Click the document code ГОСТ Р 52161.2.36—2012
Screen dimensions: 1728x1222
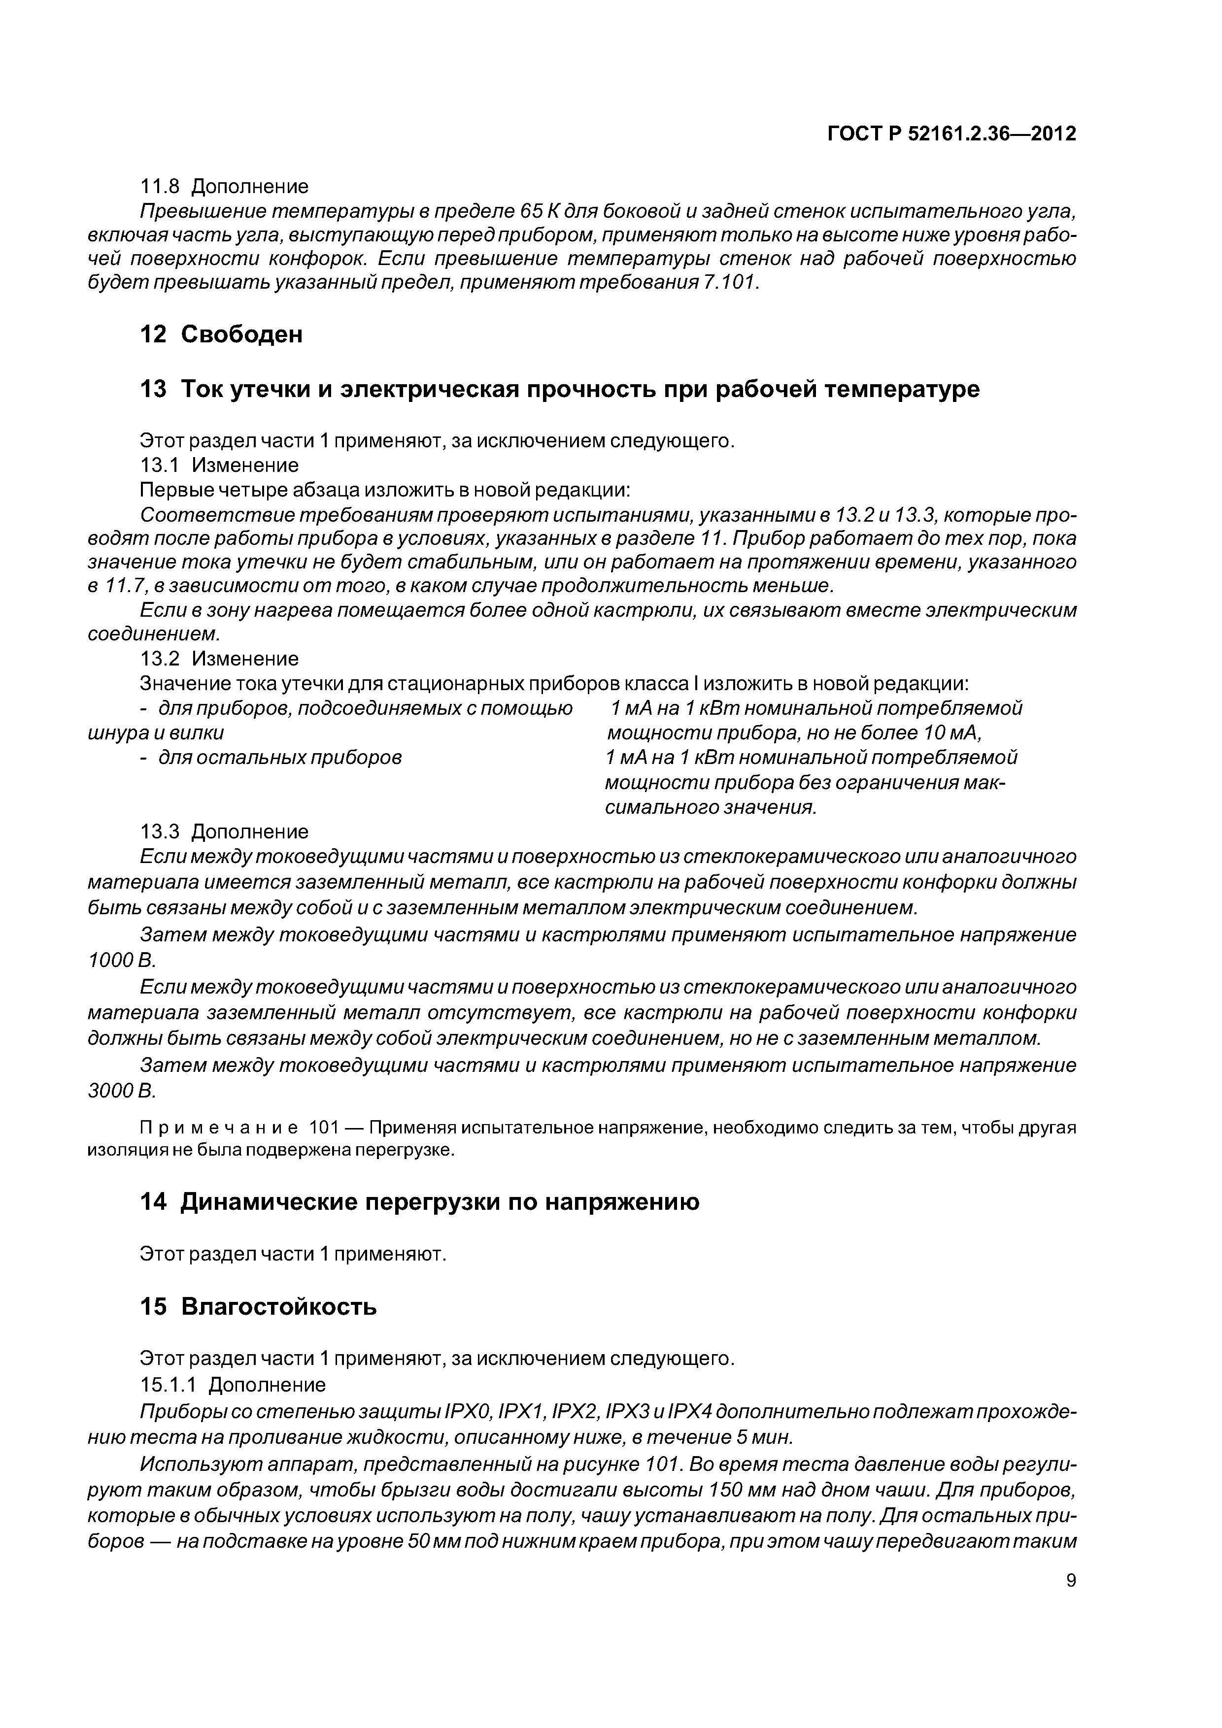[951, 134]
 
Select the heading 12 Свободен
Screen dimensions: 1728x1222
[221, 334]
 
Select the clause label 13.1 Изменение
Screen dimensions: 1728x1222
[219, 465]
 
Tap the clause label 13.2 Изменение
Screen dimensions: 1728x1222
[219, 659]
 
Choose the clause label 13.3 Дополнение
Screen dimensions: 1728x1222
[224, 831]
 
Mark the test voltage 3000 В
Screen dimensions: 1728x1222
[120, 1091]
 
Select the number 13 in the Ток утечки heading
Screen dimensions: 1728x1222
[153, 390]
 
